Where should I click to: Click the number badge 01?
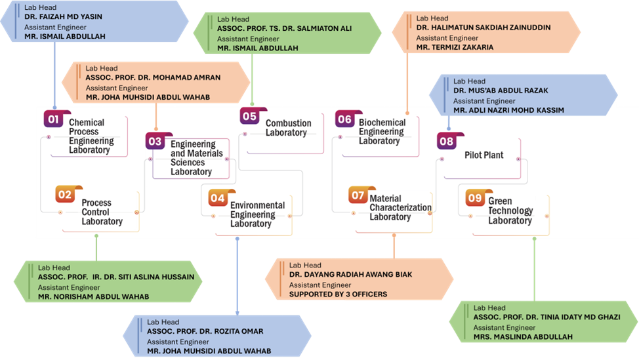click(x=54, y=119)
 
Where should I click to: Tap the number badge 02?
click(x=66, y=195)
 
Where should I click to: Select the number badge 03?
click(x=155, y=141)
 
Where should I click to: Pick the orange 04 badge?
click(x=218, y=197)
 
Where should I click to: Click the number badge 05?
click(x=249, y=116)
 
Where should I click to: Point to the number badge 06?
click(x=344, y=119)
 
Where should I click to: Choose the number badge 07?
click(x=358, y=195)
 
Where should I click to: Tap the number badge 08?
click(x=446, y=141)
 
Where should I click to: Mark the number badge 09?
click(x=474, y=197)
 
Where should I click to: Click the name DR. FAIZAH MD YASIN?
click(x=63, y=17)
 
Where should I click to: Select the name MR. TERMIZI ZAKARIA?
click(x=455, y=47)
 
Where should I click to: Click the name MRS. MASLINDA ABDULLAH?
click(x=523, y=337)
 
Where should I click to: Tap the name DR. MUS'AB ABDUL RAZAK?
click(x=501, y=90)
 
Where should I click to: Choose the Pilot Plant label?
click(x=484, y=155)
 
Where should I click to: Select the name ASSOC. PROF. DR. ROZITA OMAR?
click(x=197, y=331)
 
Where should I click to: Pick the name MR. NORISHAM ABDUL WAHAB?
click(x=93, y=296)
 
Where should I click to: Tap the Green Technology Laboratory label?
click(x=510, y=210)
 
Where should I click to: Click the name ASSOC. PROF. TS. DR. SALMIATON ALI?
click(x=285, y=29)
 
